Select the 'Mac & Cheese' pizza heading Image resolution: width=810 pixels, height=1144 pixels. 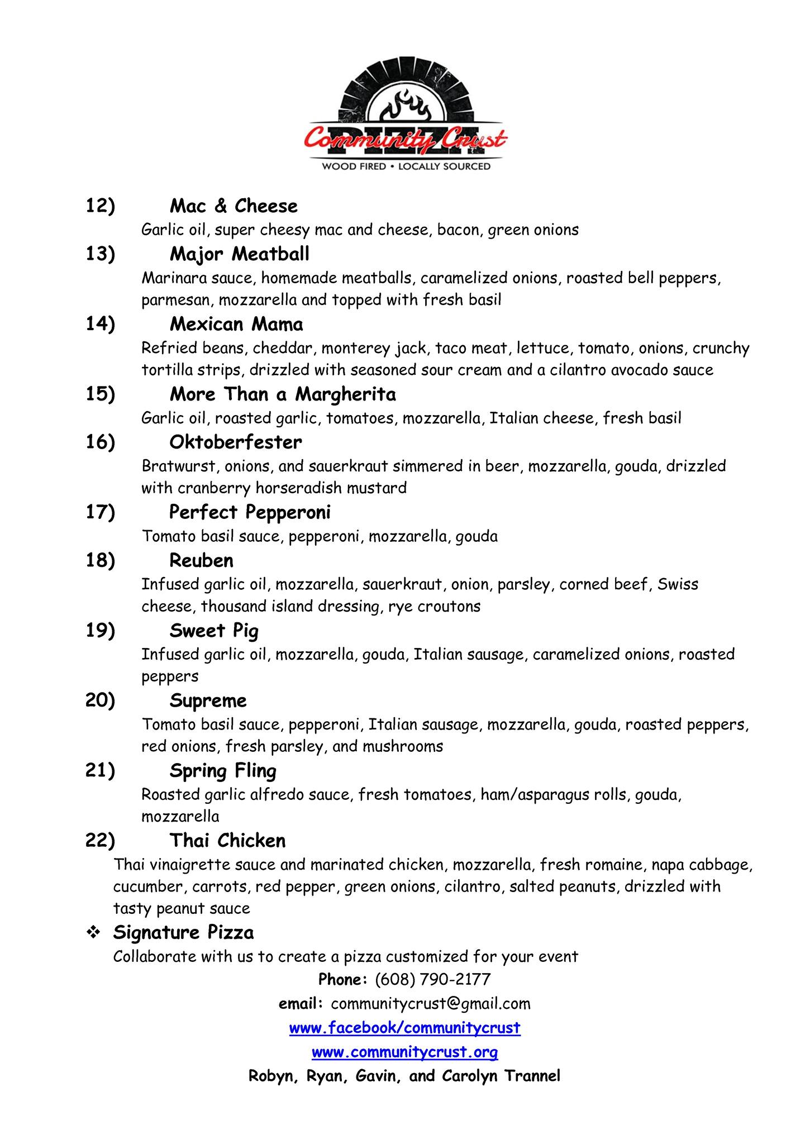click(234, 206)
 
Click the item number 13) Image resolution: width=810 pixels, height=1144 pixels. click(100, 254)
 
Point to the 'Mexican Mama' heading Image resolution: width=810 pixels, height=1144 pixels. click(236, 324)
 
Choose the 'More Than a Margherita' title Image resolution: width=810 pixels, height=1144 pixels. click(283, 394)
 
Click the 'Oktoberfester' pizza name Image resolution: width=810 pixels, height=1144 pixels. click(236, 442)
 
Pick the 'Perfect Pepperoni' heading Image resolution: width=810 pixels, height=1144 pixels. click(250, 512)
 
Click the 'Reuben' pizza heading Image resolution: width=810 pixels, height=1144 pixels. click(202, 560)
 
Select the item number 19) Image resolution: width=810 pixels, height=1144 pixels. click(100, 631)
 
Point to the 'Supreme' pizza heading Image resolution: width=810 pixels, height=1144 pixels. click(208, 700)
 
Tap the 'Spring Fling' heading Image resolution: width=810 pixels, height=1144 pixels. click(223, 771)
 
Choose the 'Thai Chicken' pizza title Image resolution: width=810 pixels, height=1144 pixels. click(227, 841)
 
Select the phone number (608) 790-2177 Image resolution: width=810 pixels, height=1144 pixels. click(432, 979)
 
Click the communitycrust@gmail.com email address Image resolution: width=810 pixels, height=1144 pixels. click(431, 1004)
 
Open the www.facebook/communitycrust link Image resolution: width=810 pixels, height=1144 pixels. click(405, 1028)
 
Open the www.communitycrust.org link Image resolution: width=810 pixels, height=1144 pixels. click(405, 1052)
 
